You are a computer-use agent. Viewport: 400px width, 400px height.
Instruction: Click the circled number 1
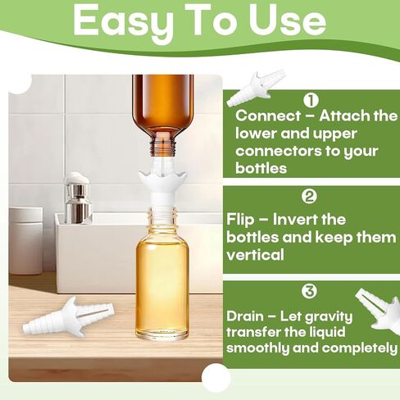coord(311,101)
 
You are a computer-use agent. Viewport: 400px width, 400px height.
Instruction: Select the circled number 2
coord(309,196)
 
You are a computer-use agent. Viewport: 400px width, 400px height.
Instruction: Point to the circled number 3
coord(309,291)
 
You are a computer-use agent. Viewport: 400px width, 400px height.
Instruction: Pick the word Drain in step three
coord(248,315)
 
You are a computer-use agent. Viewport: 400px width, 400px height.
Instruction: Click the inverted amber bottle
coord(163,111)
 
